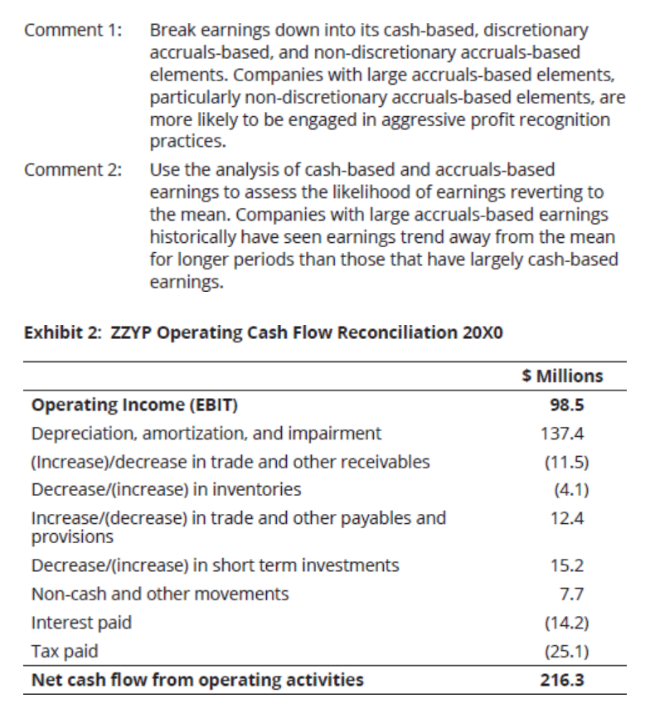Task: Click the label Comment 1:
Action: (x=73, y=30)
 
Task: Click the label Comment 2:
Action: (x=73, y=170)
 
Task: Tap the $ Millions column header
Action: (x=562, y=376)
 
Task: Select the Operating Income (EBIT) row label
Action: (x=134, y=405)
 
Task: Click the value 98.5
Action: (x=567, y=405)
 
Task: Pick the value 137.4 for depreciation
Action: (x=562, y=433)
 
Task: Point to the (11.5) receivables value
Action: (x=567, y=462)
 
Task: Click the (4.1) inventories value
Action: (x=571, y=490)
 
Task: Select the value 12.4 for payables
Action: (x=567, y=518)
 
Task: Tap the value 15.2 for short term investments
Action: (x=567, y=565)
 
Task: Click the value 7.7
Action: (x=572, y=594)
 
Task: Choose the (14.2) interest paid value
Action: (x=567, y=623)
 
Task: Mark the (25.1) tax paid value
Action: (x=567, y=651)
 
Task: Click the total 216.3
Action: (x=562, y=680)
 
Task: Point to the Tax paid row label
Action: (x=65, y=652)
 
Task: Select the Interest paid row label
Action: (x=81, y=623)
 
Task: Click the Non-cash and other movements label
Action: (x=160, y=594)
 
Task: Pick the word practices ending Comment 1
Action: (x=187, y=142)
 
